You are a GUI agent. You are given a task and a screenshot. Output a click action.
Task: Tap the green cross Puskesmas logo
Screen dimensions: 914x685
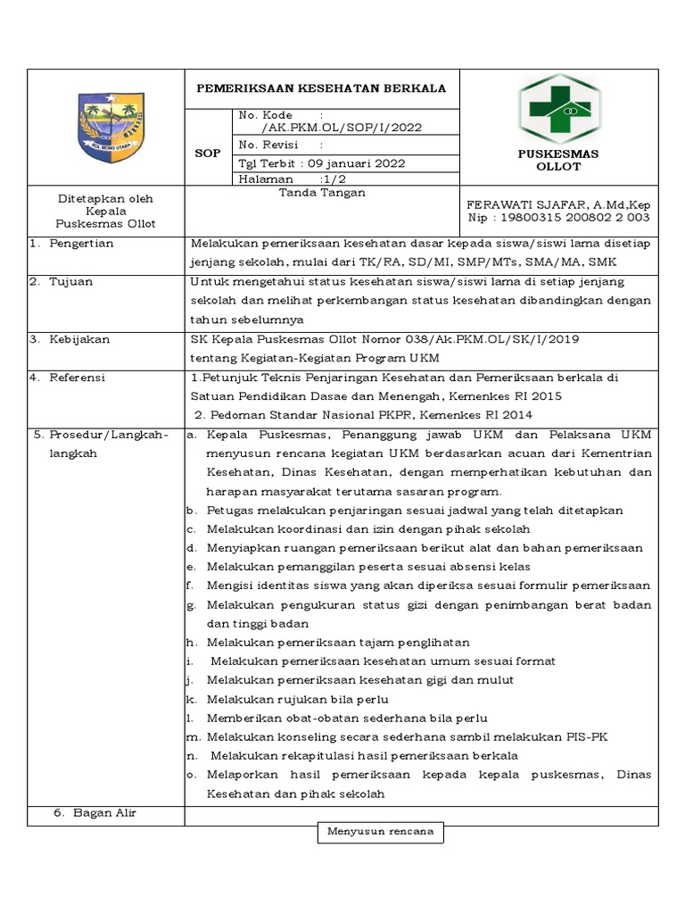[x=559, y=107]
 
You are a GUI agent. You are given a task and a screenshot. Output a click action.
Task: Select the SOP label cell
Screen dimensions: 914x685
[x=208, y=153]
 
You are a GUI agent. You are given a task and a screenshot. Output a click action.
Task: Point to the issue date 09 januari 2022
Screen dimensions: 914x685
[x=357, y=163]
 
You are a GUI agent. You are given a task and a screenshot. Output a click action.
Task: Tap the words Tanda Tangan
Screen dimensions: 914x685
[x=322, y=193]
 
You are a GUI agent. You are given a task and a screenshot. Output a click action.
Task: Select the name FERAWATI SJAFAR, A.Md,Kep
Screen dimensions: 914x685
[x=558, y=204]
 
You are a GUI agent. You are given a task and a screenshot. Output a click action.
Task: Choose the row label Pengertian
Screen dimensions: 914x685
[x=81, y=245]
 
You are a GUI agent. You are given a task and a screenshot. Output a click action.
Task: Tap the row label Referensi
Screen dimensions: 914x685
[x=78, y=378]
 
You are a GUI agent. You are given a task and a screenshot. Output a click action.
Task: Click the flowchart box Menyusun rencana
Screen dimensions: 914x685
[x=381, y=832]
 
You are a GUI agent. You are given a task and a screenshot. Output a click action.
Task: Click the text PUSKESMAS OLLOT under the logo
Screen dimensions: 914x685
[x=558, y=161]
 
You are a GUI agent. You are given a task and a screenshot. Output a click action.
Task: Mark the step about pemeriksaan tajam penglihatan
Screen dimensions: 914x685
[x=338, y=643]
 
